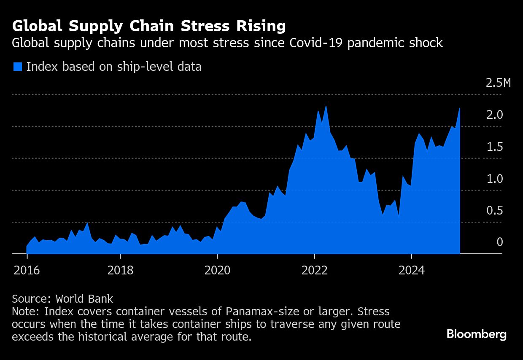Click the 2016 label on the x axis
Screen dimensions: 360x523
coord(27,270)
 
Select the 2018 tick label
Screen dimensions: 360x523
coord(120,270)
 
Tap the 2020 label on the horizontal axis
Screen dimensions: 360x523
coord(217,270)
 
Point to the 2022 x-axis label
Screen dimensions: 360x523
coord(315,270)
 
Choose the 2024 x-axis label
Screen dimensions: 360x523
coord(411,270)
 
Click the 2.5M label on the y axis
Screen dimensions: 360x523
coord(498,83)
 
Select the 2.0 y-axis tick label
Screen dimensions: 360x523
coord(495,115)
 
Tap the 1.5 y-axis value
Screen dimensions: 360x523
coord(495,147)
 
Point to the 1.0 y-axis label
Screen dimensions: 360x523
coord(495,179)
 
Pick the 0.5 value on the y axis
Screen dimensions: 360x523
coord(495,210)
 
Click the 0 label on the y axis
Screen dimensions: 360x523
coord(499,242)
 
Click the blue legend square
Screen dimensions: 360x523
coord(17,67)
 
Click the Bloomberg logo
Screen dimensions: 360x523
coord(477,335)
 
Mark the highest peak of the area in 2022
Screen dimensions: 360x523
coord(326,106)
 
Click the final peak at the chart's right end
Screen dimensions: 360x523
coord(459,108)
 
